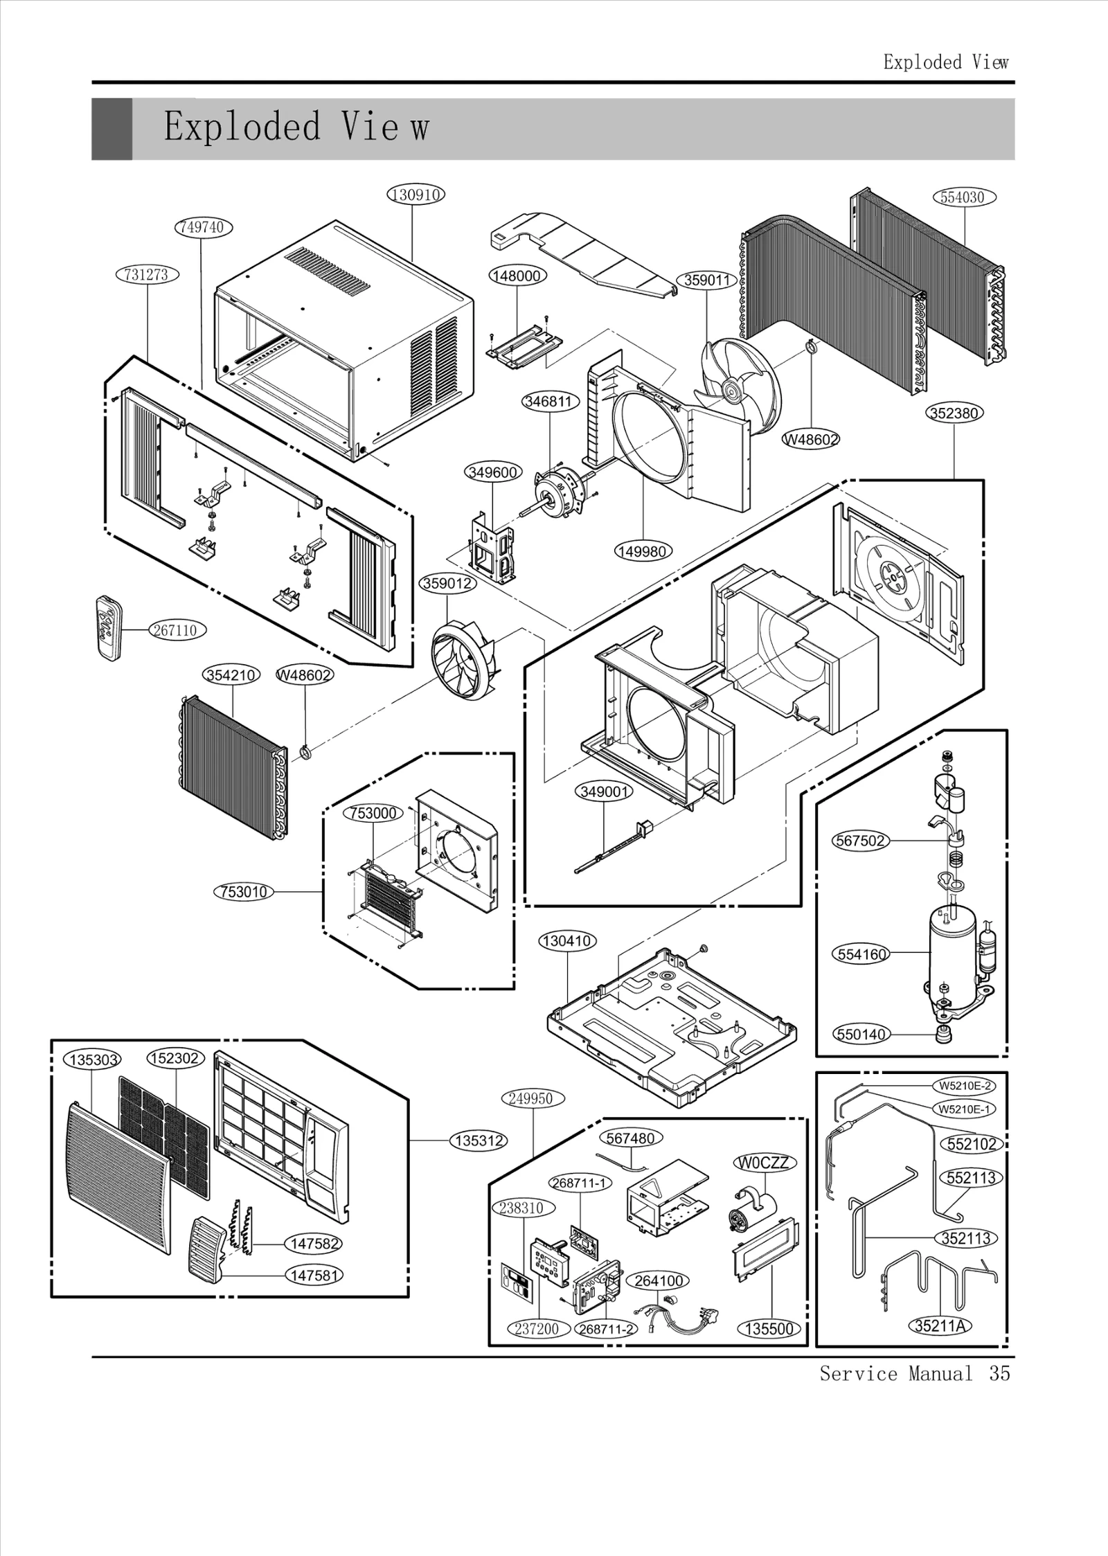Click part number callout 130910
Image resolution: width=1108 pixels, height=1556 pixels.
(x=415, y=195)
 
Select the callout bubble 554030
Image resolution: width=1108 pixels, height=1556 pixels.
(x=962, y=197)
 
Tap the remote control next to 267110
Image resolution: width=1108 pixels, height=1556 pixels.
(x=109, y=627)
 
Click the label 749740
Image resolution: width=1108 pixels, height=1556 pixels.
(x=203, y=227)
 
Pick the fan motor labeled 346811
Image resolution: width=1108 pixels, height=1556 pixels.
(x=562, y=488)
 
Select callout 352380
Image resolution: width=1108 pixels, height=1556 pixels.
(x=955, y=413)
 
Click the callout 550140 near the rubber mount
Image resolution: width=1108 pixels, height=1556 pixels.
(x=861, y=1054)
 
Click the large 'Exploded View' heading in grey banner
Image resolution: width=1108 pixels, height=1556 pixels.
(x=296, y=128)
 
